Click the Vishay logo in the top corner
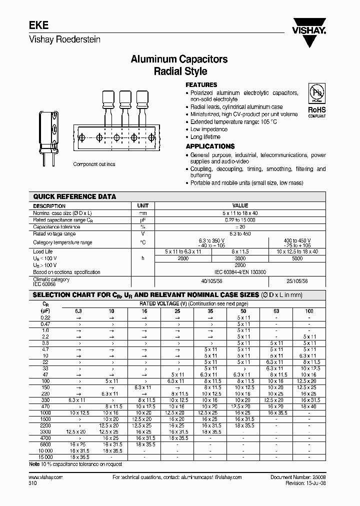click(309, 29)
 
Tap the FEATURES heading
click(201, 85)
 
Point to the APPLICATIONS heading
click(210, 146)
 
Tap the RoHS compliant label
click(316, 111)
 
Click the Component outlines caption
click(94, 164)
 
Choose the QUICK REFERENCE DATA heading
click(74, 196)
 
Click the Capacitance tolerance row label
click(56, 226)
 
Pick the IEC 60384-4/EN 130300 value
click(240, 272)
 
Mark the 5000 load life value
click(298, 258)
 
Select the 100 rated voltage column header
click(309, 310)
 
